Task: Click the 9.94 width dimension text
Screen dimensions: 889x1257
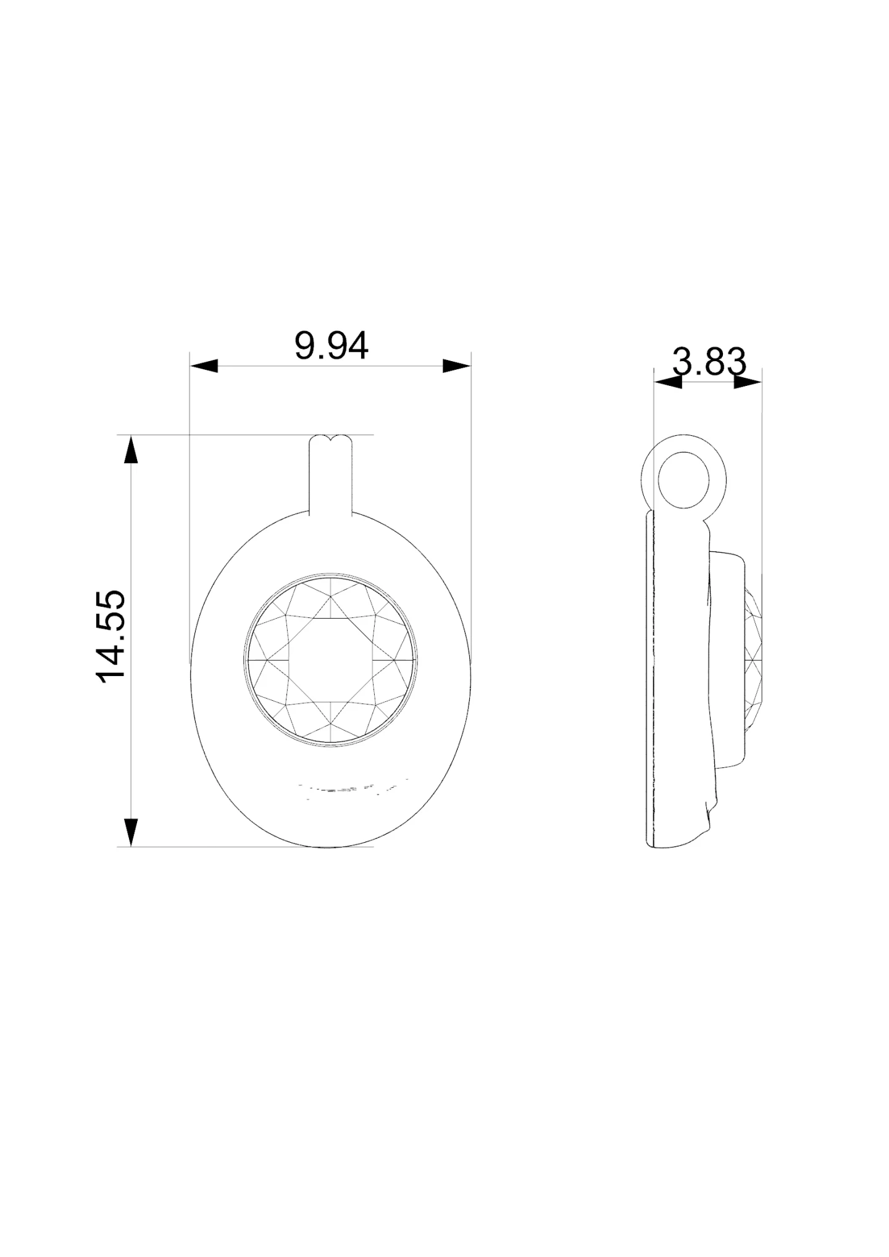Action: (331, 346)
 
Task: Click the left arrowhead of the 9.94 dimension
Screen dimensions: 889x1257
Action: (204, 366)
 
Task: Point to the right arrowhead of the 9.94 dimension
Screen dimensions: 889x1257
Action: (457, 366)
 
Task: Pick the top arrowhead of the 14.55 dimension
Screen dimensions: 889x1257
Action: (131, 449)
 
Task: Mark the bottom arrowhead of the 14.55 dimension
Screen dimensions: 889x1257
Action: (131, 832)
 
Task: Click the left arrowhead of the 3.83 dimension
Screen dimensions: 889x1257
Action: (668, 383)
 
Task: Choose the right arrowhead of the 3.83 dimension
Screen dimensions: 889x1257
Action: (748, 383)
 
